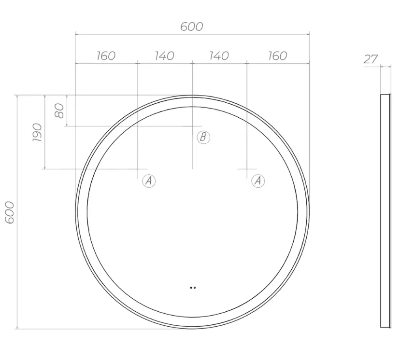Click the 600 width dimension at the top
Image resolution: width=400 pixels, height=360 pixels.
pyautogui.click(x=192, y=27)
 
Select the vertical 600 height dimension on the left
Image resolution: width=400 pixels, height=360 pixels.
pyautogui.click(x=10, y=212)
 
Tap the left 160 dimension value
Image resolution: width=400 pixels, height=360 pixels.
pyautogui.click(x=106, y=56)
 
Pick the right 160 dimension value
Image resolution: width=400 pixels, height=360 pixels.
pyautogui.click(x=278, y=56)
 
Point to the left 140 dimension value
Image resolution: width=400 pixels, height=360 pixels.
pyautogui.click(x=165, y=56)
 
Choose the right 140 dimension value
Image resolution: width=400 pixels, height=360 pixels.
pyautogui.click(x=219, y=56)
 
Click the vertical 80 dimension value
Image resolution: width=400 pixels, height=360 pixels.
pyautogui.click(x=59, y=111)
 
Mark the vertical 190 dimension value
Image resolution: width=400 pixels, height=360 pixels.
pyautogui.click(x=37, y=133)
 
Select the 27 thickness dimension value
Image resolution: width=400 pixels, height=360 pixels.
pyautogui.click(x=371, y=59)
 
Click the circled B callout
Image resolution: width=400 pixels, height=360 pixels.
pyautogui.click(x=203, y=137)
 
